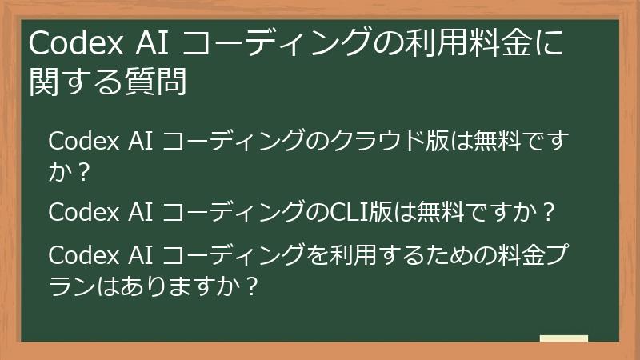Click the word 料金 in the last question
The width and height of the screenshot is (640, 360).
click(x=505, y=257)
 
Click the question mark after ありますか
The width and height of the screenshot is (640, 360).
click(x=252, y=285)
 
